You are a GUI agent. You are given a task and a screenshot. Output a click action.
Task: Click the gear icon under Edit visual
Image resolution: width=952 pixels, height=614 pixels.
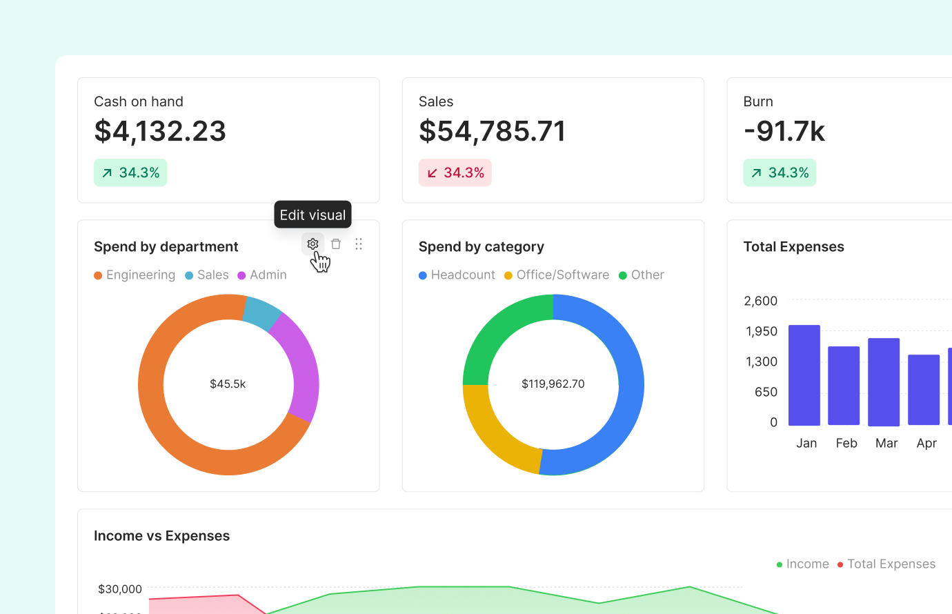313,244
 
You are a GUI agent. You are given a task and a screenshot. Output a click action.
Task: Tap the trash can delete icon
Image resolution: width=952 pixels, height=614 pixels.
336,244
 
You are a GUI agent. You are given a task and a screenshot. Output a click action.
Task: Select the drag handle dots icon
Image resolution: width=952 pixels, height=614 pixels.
359,244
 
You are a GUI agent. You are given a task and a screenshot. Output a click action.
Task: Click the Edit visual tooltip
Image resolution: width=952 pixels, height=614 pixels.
313,215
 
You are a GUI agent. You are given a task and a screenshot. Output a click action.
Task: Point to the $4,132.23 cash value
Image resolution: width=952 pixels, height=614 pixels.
160,131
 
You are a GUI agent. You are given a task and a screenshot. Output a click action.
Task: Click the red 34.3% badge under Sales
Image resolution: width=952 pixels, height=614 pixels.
455,172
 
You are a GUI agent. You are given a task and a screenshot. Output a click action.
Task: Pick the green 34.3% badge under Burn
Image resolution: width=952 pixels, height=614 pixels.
780,172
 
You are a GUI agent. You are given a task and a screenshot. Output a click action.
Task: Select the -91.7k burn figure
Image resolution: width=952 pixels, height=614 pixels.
784,131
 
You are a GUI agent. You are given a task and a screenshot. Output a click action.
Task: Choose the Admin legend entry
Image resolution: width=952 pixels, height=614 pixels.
262,275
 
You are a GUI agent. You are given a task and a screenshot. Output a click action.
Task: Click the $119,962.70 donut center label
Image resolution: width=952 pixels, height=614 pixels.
553,384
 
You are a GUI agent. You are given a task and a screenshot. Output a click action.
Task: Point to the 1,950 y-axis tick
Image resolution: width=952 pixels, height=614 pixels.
762,331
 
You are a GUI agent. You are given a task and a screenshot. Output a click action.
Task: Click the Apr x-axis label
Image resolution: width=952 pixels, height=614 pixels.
926,443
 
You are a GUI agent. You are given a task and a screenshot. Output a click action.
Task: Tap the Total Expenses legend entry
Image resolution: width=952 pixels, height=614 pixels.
886,564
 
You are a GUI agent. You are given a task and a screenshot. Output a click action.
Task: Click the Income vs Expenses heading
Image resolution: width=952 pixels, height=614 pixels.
161,536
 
